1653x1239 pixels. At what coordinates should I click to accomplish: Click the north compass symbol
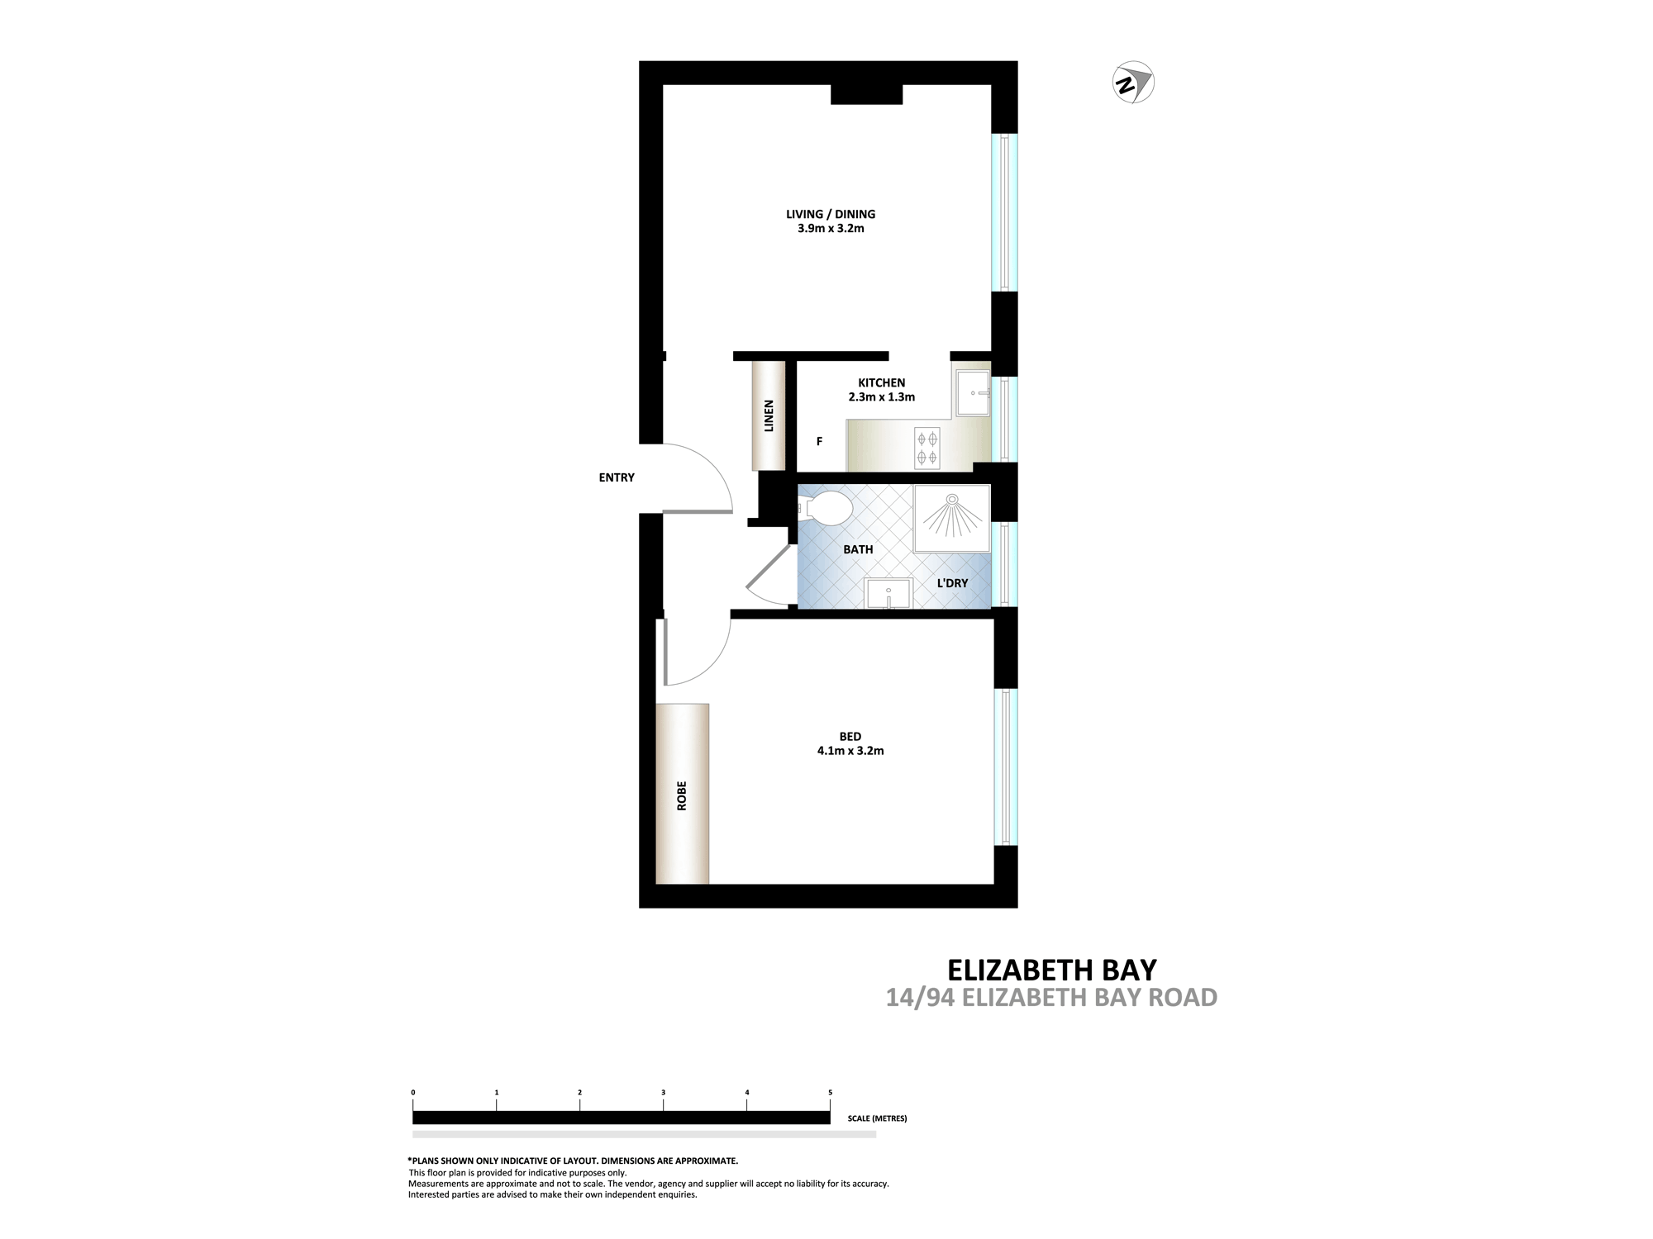[1133, 83]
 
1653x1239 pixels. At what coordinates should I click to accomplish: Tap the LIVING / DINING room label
[831, 214]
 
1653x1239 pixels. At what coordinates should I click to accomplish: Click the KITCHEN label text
[882, 382]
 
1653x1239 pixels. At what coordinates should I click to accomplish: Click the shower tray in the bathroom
[951, 518]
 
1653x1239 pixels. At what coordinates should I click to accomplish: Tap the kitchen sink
[973, 394]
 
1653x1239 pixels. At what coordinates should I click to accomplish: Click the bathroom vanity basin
[888, 593]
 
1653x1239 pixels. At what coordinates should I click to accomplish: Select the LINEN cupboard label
[769, 416]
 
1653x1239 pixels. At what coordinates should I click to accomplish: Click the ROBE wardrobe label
[682, 795]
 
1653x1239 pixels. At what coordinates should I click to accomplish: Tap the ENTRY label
[617, 477]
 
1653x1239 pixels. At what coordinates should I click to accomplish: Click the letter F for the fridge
[820, 442]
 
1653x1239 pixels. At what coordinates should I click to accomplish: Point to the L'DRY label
[952, 582]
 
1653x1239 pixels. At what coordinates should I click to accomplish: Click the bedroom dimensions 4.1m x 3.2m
[850, 751]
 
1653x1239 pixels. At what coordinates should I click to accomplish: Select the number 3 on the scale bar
[664, 1093]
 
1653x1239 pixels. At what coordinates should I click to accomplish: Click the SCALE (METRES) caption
[877, 1118]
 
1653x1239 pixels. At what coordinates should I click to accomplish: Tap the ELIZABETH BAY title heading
[1052, 968]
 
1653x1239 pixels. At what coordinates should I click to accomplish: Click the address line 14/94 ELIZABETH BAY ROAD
[1052, 998]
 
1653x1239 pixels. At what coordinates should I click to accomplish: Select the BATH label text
[858, 549]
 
